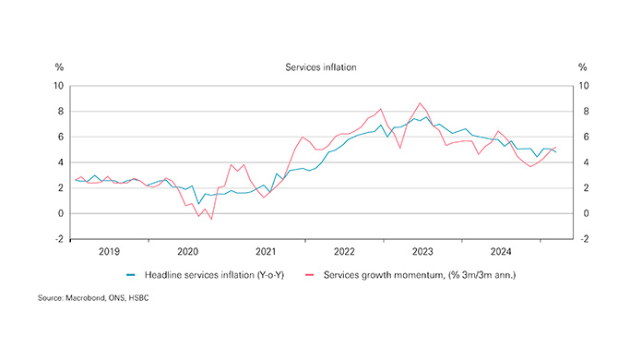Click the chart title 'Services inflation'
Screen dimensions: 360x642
[320, 67]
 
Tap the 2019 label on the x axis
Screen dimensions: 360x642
[109, 251]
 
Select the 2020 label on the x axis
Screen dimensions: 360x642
[187, 251]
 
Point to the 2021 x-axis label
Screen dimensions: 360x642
[266, 251]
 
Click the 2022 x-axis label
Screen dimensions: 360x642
[344, 251]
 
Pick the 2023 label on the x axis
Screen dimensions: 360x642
[422, 251]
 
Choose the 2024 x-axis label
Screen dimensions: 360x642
[501, 251]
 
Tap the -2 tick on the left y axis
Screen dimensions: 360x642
[58, 239]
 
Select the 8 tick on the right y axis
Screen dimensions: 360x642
[582, 112]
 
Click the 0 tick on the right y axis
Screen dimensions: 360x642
[582, 213]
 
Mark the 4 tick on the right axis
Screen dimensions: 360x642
[582, 162]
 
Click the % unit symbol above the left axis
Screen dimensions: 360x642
[59, 67]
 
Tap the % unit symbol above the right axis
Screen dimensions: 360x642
[582, 67]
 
